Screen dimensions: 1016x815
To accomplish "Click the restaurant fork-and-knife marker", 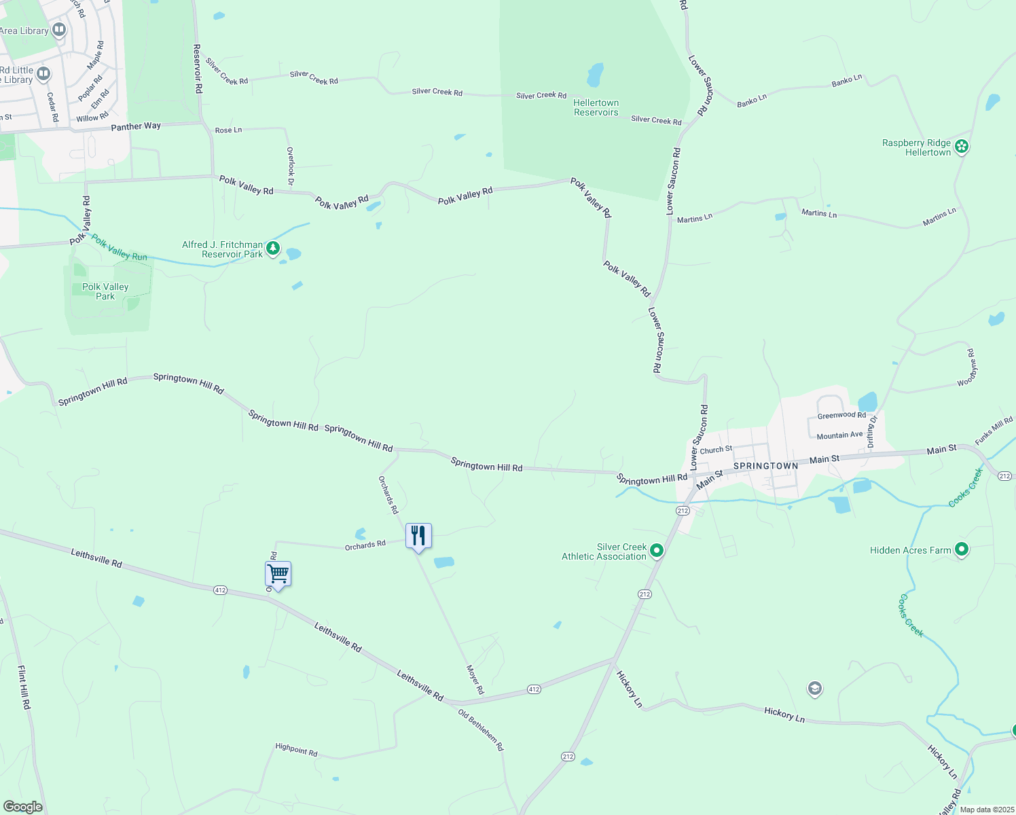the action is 418,536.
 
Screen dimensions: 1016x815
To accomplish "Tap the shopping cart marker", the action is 278,574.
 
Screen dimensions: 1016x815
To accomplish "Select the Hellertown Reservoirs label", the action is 596,108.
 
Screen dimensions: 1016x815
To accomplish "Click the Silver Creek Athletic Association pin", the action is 657,550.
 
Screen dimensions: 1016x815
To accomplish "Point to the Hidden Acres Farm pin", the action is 961,549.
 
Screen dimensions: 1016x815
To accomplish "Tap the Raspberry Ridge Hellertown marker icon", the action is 961,146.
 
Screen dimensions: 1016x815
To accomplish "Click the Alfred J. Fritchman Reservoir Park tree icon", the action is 273,249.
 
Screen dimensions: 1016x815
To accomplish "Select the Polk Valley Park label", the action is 105,291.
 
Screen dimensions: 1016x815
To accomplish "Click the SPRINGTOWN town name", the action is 765,467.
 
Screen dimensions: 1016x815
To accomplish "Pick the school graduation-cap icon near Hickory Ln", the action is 814,689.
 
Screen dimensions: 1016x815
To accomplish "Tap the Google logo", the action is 22,806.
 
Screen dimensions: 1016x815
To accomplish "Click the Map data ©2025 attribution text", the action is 986,810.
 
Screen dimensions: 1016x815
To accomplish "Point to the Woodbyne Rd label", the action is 968,367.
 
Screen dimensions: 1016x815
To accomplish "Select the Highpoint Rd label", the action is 296,749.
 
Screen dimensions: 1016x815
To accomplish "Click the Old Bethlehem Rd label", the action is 481,730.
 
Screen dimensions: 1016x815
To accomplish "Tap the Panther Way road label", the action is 136,126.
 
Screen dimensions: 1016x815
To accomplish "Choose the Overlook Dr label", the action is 290,166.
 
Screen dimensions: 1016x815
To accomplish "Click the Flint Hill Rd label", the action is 24,687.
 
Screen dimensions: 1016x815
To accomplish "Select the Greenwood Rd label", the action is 841,415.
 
